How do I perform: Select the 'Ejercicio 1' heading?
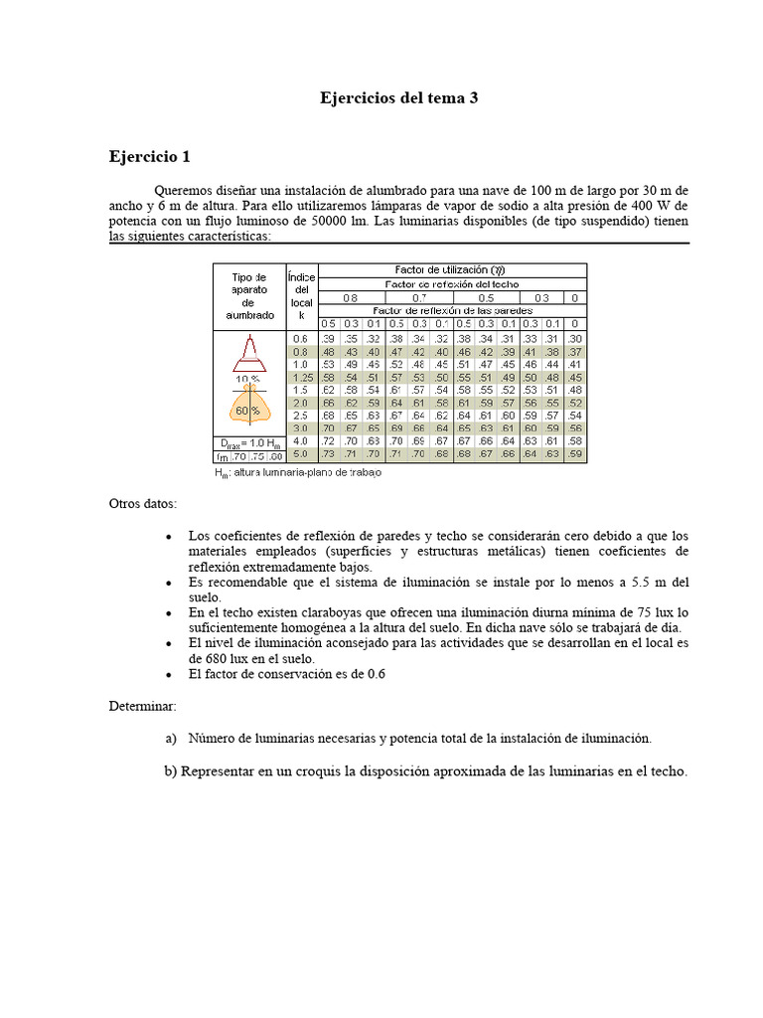point(149,157)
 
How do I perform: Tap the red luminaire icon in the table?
point(249,350)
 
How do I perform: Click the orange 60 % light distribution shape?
point(248,408)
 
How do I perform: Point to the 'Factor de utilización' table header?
point(452,270)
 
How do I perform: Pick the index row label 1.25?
point(302,378)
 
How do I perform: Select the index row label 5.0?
point(302,454)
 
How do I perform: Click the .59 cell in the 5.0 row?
point(575,454)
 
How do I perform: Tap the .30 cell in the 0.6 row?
point(575,339)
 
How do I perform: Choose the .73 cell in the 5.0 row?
point(329,454)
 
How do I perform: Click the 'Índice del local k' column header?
point(301,293)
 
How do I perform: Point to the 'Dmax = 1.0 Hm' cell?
point(248,441)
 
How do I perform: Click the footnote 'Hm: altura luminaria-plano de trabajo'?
point(298,473)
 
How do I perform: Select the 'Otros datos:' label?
point(142,504)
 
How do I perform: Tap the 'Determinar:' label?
point(142,705)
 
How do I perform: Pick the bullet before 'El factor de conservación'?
point(170,674)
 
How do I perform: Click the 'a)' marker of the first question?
point(170,738)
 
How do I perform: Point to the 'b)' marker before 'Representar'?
point(171,772)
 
